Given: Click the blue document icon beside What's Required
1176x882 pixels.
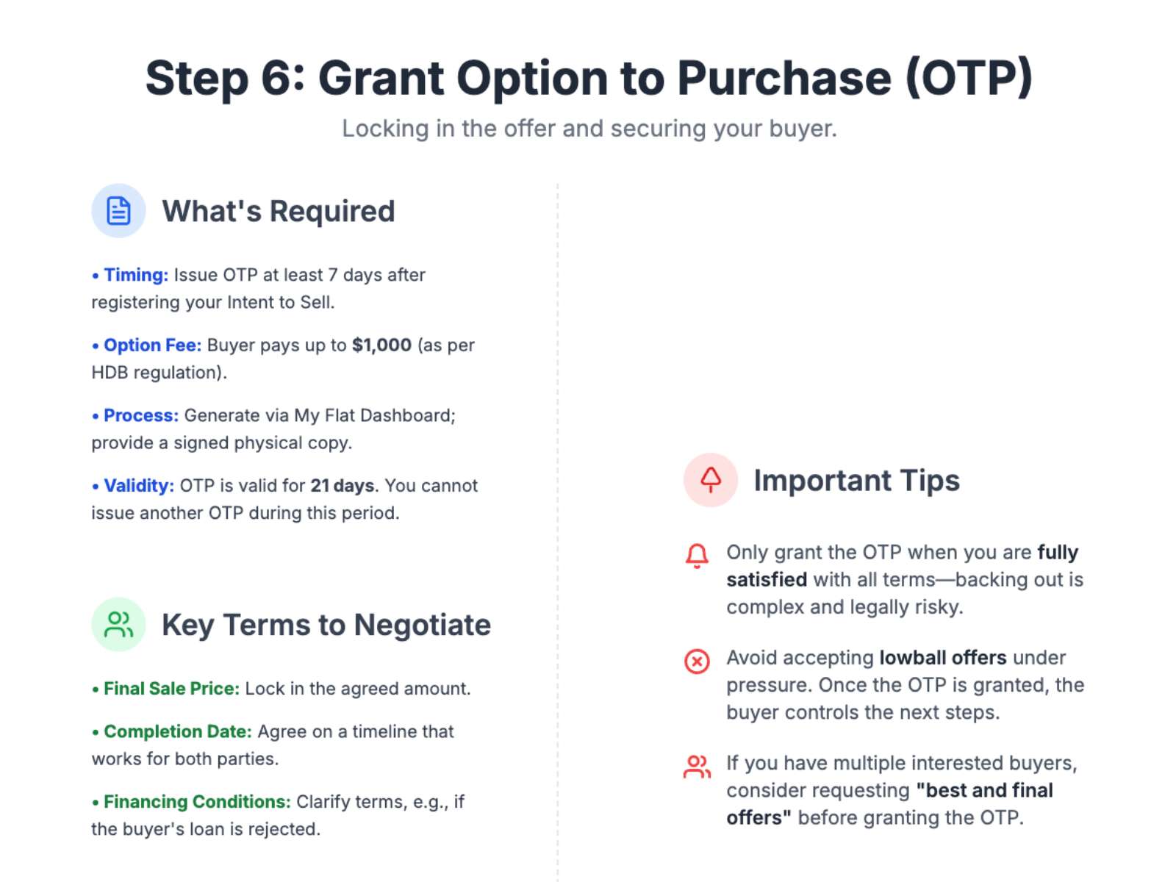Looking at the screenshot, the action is pyautogui.click(x=118, y=210).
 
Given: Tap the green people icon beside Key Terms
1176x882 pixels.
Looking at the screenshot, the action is pyautogui.click(x=118, y=625).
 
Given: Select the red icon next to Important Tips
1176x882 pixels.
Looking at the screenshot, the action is pyautogui.click(x=711, y=480).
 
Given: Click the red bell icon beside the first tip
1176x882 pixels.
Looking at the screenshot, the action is pyautogui.click(x=697, y=556).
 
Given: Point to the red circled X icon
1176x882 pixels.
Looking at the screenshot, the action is pyautogui.click(x=697, y=661).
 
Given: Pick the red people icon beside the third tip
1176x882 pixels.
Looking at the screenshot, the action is pyautogui.click(x=697, y=767).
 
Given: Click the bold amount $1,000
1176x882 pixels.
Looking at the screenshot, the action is pyautogui.click(x=381, y=345).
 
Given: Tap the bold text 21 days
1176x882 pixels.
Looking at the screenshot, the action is pyautogui.click(x=343, y=486).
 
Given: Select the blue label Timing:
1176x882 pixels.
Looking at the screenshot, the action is pyautogui.click(x=136, y=275).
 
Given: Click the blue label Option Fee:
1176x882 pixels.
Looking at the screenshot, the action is pyautogui.click(x=153, y=345).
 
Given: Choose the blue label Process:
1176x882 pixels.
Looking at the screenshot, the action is pyautogui.click(x=141, y=415).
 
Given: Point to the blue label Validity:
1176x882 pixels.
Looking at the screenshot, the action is pyautogui.click(x=140, y=486).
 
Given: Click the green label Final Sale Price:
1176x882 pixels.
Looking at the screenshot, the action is pyautogui.click(x=172, y=689).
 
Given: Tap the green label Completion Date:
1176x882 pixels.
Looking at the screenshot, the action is pyautogui.click(x=178, y=731).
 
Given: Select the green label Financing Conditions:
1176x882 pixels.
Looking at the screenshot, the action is pyautogui.click(x=197, y=802).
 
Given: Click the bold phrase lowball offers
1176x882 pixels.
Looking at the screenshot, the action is pyautogui.click(x=943, y=658).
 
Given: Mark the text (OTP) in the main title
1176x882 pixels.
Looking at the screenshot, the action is pyautogui.click(x=969, y=78).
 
